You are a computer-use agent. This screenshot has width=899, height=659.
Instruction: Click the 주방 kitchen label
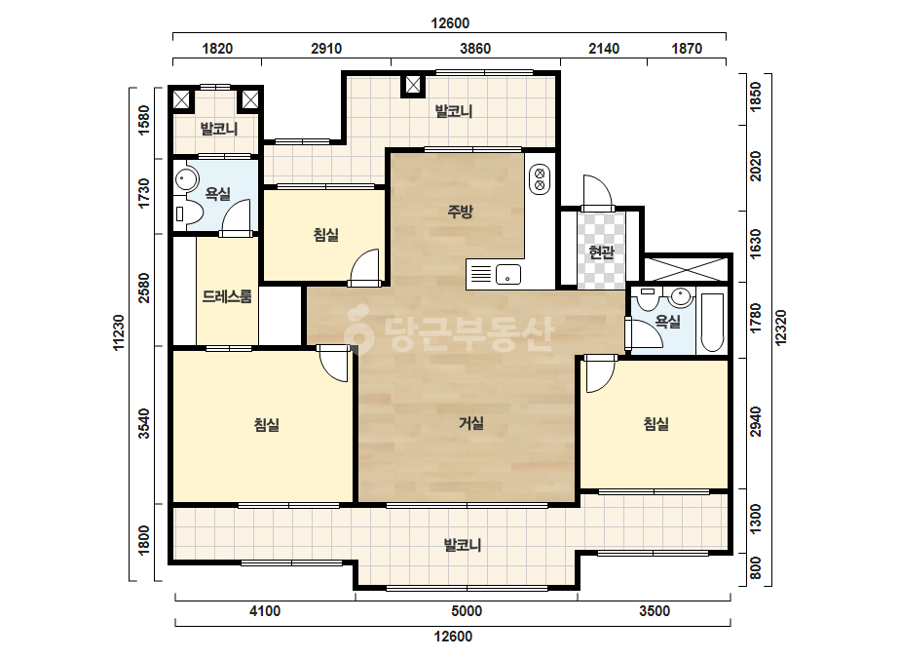tap(460, 212)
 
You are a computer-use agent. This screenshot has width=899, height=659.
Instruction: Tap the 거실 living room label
tap(471, 424)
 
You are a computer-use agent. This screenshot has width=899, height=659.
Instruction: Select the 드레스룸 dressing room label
tap(227, 296)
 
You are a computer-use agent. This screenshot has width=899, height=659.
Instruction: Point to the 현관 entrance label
tap(601, 252)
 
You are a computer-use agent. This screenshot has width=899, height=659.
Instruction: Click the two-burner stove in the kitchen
tap(540, 178)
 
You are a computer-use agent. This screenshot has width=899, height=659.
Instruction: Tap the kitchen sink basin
tap(508, 274)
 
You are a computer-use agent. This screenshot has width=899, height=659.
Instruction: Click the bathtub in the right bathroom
tap(712, 324)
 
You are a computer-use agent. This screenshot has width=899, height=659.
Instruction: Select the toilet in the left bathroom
tap(189, 214)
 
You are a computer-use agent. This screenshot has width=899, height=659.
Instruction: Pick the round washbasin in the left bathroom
tap(185, 178)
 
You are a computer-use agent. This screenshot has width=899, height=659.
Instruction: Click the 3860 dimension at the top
tap(475, 49)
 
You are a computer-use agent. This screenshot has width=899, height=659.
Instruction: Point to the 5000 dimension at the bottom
tap(467, 611)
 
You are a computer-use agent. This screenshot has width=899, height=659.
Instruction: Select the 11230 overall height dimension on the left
tap(118, 332)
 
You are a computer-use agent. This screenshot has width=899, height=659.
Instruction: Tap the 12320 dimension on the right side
tap(780, 328)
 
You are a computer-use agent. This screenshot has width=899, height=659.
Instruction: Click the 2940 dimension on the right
tap(756, 421)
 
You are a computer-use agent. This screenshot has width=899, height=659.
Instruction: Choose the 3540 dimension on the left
tap(144, 423)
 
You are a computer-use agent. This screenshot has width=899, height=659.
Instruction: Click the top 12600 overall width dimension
tap(450, 23)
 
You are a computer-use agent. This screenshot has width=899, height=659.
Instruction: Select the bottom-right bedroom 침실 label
tap(656, 424)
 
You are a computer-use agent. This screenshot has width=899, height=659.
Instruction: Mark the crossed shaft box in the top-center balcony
tap(413, 85)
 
